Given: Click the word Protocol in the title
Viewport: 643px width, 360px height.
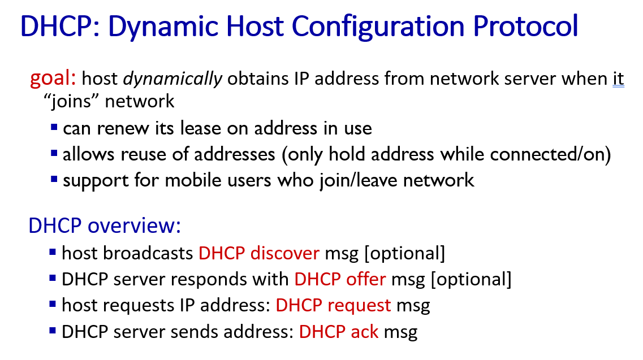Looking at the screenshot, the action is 525,26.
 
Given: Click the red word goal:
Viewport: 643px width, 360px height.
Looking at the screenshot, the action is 53,78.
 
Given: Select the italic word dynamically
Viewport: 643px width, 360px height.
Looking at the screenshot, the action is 172,79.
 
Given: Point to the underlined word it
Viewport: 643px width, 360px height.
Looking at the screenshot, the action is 618,79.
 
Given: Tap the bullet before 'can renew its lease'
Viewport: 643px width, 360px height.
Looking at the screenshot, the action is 54,128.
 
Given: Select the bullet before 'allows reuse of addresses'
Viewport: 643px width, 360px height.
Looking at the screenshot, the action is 54,154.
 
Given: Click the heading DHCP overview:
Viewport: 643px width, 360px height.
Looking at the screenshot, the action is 105,225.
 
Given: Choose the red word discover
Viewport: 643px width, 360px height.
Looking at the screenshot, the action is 285,253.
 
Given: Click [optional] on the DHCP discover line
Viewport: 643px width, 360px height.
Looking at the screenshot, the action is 405,253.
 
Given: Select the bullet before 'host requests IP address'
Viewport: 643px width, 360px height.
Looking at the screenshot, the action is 53,304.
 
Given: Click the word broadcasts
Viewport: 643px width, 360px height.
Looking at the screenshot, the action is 148,253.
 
